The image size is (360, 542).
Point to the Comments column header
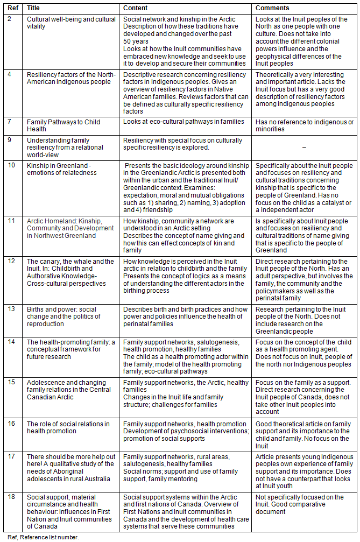pos(272,8)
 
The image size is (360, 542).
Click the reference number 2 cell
pos(10,19)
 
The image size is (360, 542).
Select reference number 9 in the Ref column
pos(10,139)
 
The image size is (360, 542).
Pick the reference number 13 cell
pos(12,309)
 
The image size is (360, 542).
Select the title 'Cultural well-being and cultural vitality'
pos(71,23)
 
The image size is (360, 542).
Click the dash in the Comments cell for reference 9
pos(304,147)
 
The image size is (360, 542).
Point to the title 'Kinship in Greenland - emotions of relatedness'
pos(62,169)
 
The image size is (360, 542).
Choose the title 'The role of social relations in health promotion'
pos(68,427)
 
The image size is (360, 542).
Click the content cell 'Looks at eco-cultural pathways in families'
pos(183,122)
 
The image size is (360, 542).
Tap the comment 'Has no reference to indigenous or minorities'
pos(304,125)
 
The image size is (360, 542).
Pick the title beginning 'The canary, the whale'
pos(70,272)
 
